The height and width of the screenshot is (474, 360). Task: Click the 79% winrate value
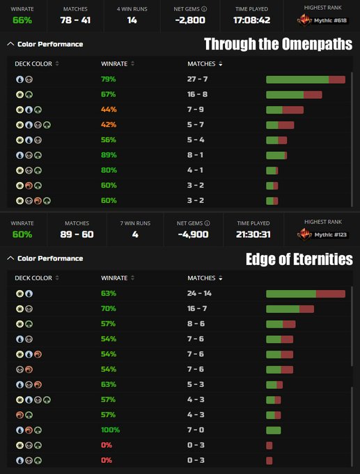coord(109,79)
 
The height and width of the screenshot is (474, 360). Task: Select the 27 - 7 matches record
coord(197,79)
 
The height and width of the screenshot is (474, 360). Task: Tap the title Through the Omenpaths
coord(278,44)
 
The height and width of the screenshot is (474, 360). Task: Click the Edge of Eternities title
coord(299,259)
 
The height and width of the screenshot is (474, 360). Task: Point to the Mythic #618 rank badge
coord(322,21)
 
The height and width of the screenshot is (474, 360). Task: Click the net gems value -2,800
coord(190,20)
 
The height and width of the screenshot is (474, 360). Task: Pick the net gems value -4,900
coord(193,234)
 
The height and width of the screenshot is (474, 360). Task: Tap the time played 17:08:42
coord(251,20)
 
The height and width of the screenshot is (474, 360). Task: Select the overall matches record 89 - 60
coord(77,234)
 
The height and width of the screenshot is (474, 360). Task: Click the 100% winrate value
coord(110,430)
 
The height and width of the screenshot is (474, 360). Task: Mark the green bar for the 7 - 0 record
coord(274,430)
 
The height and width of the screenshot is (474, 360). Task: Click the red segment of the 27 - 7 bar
coord(337,79)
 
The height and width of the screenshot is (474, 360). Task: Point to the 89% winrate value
coord(109,155)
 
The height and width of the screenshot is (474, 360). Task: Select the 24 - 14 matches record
coord(199,293)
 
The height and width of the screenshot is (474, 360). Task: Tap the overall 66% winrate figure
coord(22,20)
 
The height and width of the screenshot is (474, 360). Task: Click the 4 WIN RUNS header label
coord(132,9)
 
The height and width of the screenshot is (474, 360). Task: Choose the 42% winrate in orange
coord(109,125)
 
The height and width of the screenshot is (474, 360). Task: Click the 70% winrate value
coord(109,309)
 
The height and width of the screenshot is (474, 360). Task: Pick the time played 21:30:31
coord(253,234)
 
